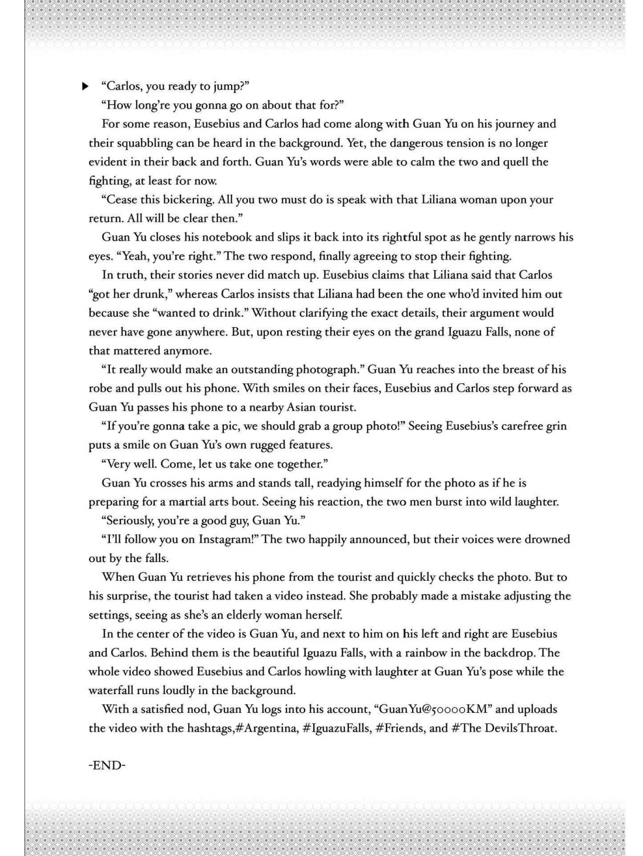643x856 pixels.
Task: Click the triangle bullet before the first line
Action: [85, 86]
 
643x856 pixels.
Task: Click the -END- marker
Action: [107, 765]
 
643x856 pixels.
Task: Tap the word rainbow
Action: [430, 653]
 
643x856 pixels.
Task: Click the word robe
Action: [100, 389]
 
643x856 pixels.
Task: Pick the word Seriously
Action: [129, 521]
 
